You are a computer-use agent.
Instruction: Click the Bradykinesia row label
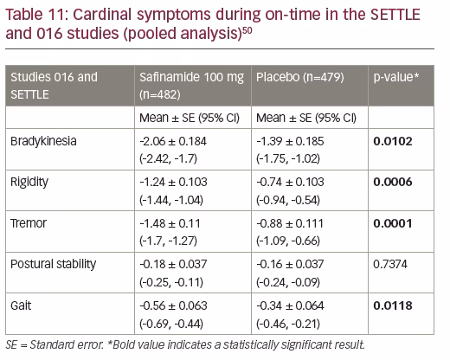tap(43, 141)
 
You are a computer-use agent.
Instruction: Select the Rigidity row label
tap(29, 183)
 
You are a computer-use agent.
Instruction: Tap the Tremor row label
tap(29, 223)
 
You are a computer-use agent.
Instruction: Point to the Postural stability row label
tap(53, 264)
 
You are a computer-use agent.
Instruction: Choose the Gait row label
tap(21, 305)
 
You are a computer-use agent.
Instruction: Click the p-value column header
tap(396, 77)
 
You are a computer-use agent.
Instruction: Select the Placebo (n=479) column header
tap(300, 77)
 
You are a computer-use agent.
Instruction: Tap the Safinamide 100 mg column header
tap(191, 77)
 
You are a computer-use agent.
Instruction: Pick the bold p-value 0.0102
tap(393, 141)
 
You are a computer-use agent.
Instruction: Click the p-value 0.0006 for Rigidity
tap(393, 182)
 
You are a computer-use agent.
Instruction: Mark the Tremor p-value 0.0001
tap(393, 223)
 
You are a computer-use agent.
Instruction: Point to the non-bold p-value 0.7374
tap(390, 264)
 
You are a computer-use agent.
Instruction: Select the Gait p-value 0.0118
tap(393, 305)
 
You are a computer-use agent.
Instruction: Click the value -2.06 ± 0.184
tap(173, 141)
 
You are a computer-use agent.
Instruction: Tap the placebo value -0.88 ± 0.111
tap(290, 223)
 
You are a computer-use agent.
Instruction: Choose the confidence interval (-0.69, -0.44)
tap(171, 324)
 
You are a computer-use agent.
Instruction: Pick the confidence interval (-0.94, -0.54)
tap(288, 200)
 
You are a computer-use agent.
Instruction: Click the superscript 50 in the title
tap(247, 30)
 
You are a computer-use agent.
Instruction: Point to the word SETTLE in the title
tap(395, 15)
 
